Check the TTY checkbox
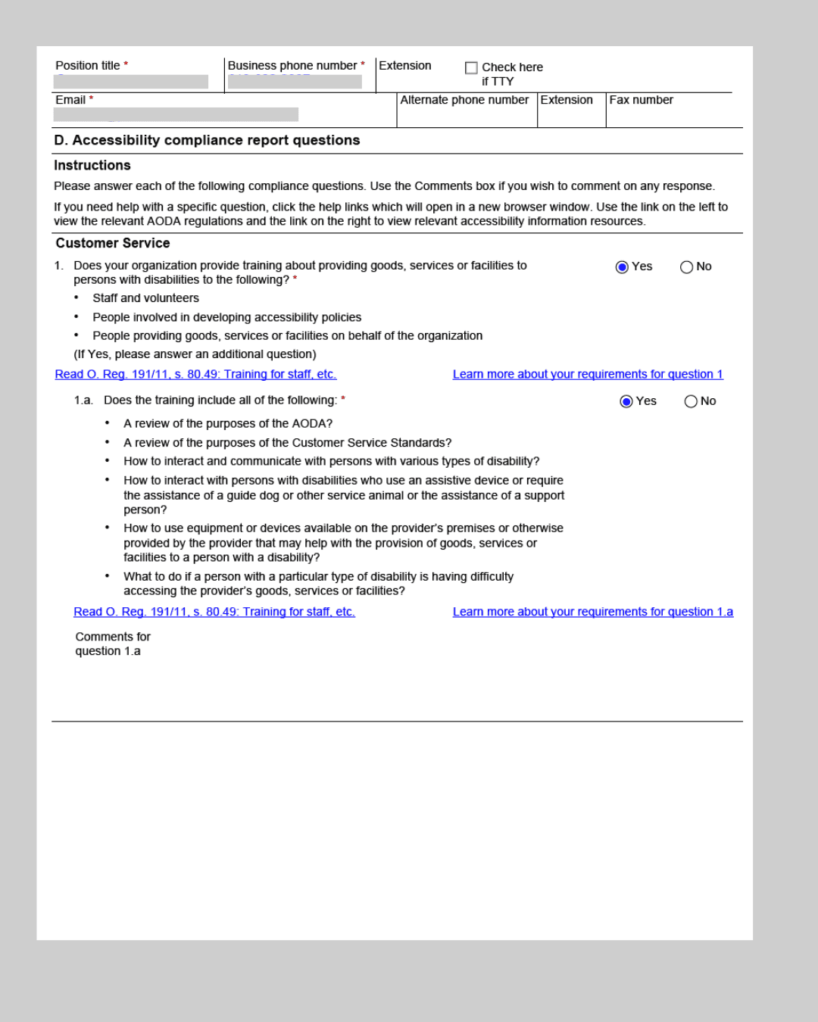click(471, 68)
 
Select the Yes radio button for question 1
click(622, 267)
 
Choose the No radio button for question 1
click(686, 267)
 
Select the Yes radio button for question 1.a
click(626, 401)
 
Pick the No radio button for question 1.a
click(691, 401)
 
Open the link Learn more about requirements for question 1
click(588, 374)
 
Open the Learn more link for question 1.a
click(592, 612)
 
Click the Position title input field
click(131, 82)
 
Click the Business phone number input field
click(295, 82)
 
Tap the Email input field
click(176, 114)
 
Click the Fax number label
click(641, 100)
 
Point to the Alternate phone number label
click(464, 100)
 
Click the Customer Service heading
click(113, 243)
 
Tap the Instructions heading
click(92, 165)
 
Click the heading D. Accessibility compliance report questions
click(207, 140)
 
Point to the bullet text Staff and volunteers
click(145, 298)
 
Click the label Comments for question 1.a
click(112, 643)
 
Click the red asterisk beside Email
click(91, 98)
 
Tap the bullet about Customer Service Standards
click(287, 443)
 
